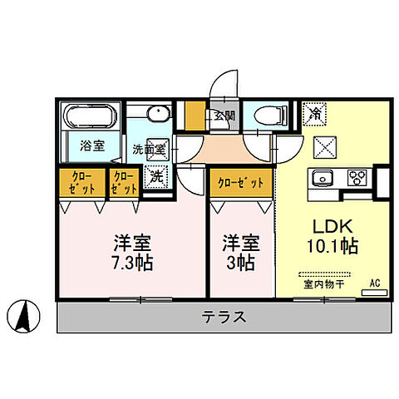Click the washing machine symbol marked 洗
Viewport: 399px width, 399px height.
point(155,175)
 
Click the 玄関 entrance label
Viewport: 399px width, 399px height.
point(224,116)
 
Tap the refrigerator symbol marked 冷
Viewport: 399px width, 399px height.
point(314,112)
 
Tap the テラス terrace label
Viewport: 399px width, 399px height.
point(223,317)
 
